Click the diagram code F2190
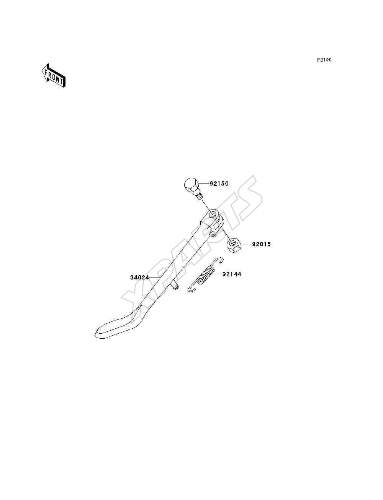[324, 60]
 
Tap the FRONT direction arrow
[54, 75]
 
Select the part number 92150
[219, 183]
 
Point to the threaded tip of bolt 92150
[199, 196]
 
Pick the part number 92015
[261, 244]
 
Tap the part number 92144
[232, 274]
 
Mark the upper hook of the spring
[219, 260]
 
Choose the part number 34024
[139, 278]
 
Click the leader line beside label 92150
[204, 183]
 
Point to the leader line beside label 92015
[246, 244]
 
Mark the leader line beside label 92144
[218, 274]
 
